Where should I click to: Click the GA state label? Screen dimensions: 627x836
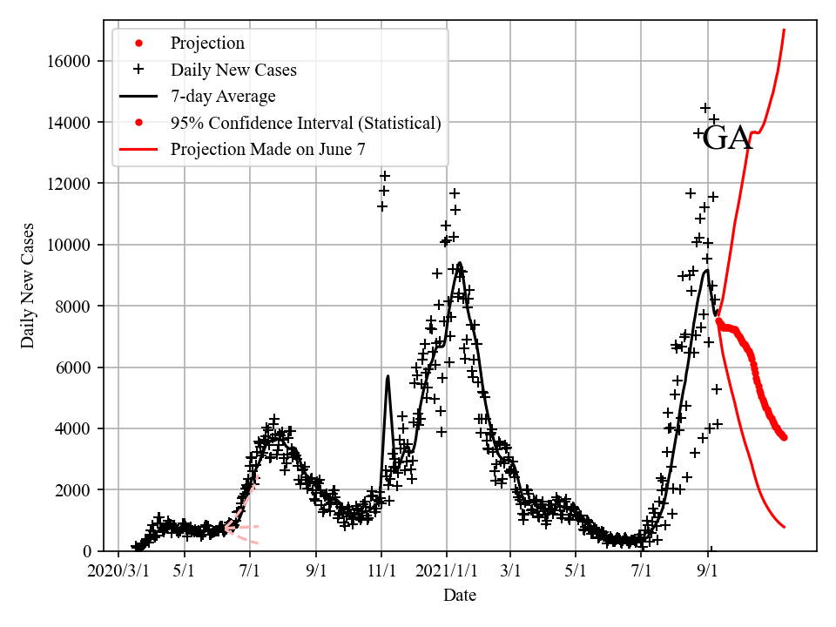coord(727,138)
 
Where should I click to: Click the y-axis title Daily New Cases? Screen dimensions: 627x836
coord(29,286)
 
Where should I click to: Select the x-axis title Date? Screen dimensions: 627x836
coord(459,596)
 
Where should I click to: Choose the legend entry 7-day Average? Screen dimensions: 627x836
coord(223,96)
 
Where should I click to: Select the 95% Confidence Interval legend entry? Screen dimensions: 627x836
coord(306,123)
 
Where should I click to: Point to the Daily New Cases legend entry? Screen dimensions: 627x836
coord(233,70)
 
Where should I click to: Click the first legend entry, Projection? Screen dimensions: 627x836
coord(207,44)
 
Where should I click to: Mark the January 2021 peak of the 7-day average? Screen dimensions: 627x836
coord(460,263)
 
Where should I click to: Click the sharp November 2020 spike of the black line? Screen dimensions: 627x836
coord(388,376)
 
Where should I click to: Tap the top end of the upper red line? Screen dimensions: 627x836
coord(784,30)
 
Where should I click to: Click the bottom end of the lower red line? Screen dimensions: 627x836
coord(784,527)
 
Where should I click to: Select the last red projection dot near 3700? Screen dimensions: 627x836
coord(784,437)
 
